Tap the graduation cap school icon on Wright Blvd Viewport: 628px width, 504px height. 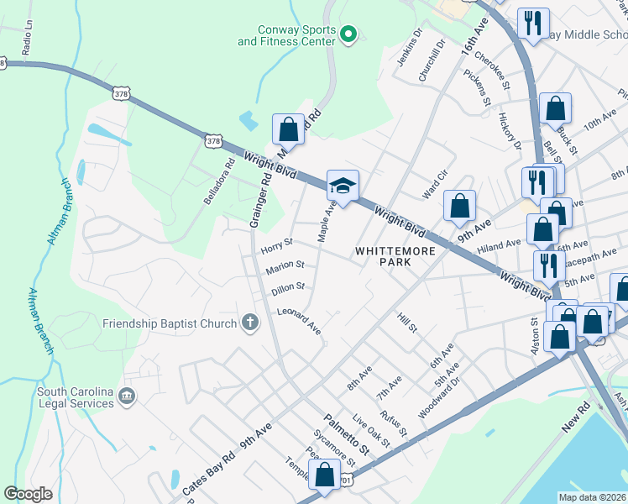point(343,185)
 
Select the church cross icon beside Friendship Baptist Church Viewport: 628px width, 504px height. point(249,323)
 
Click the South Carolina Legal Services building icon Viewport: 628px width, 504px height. point(126,396)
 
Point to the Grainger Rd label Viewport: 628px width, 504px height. point(261,197)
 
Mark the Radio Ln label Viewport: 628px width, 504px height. point(27,42)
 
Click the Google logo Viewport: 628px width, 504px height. point(29,493)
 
